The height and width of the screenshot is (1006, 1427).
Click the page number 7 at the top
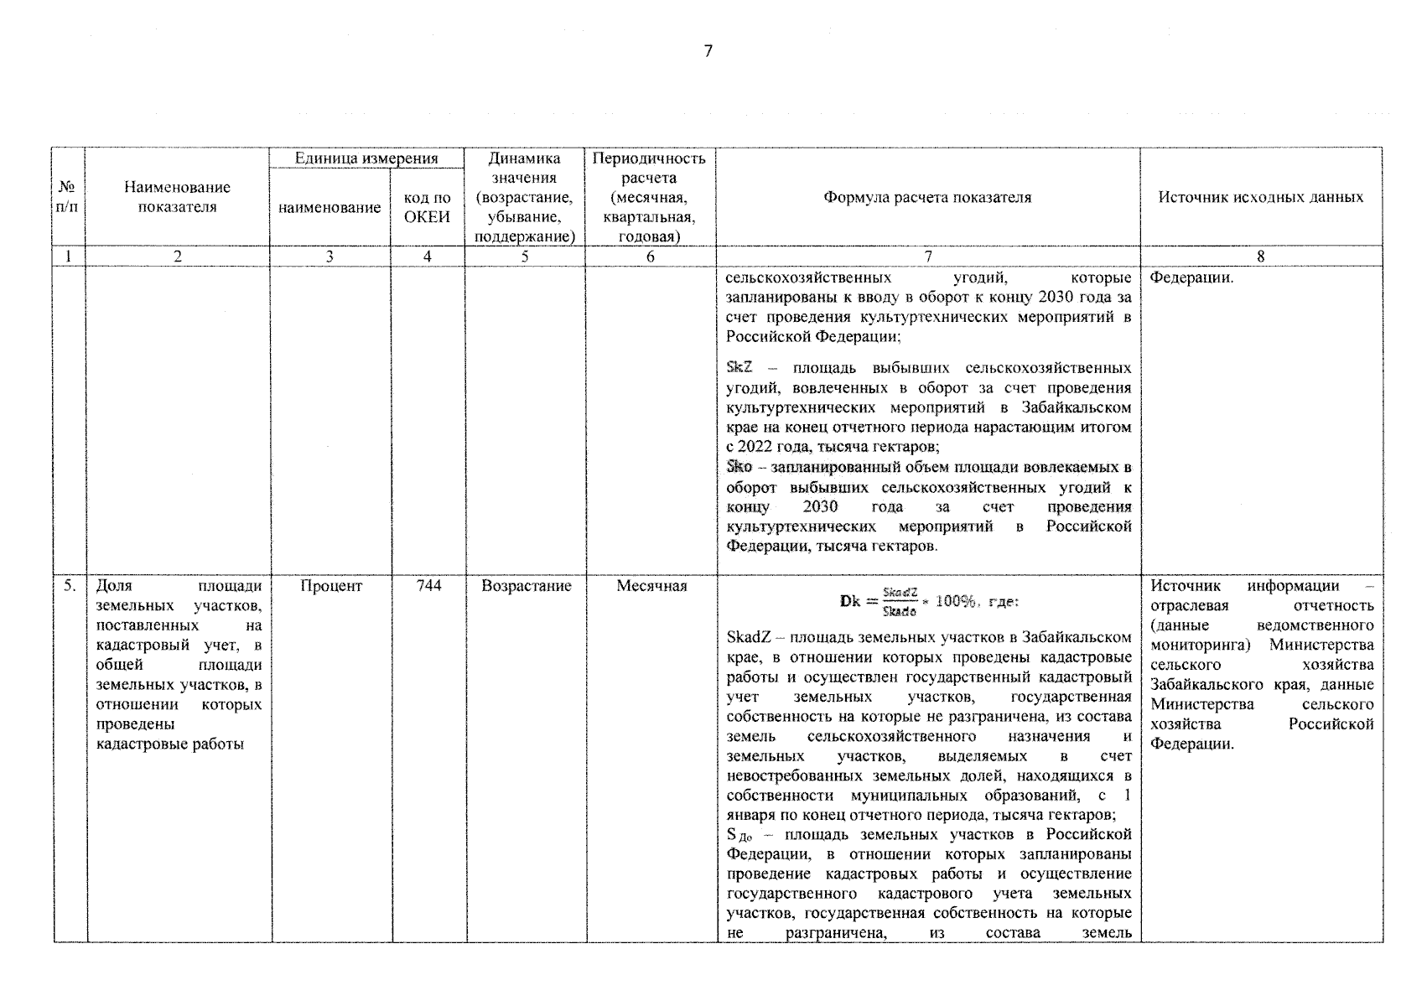(x=708, y=51)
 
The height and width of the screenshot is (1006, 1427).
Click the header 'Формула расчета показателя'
(x=927, y=198)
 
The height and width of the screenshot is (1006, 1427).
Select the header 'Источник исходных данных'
(x=1260, y=198)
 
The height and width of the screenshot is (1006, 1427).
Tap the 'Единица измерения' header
(x=366, y=158)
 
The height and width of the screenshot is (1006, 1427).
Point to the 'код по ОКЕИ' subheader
(x=428, y=207)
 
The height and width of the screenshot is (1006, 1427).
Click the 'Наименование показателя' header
(x=177, y=198)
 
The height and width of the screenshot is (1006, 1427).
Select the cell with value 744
(x=428, y=587)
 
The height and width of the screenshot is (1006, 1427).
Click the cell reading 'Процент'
(x=330, y=587)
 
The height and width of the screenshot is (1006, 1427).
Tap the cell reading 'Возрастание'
(x=526, y=587)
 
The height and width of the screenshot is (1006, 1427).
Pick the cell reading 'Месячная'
(x=651, y=587)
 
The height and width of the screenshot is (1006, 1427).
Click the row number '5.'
(x=70, y=587)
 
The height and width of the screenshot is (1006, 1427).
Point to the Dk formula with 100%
(x=927, y=601)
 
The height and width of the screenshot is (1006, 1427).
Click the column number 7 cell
(x=927, y=257)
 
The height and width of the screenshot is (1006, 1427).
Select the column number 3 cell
(x=330, y=257)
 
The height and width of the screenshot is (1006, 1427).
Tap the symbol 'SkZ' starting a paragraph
(x=739, y=368)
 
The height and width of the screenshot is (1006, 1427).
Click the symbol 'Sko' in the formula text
(x=739, y=467)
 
